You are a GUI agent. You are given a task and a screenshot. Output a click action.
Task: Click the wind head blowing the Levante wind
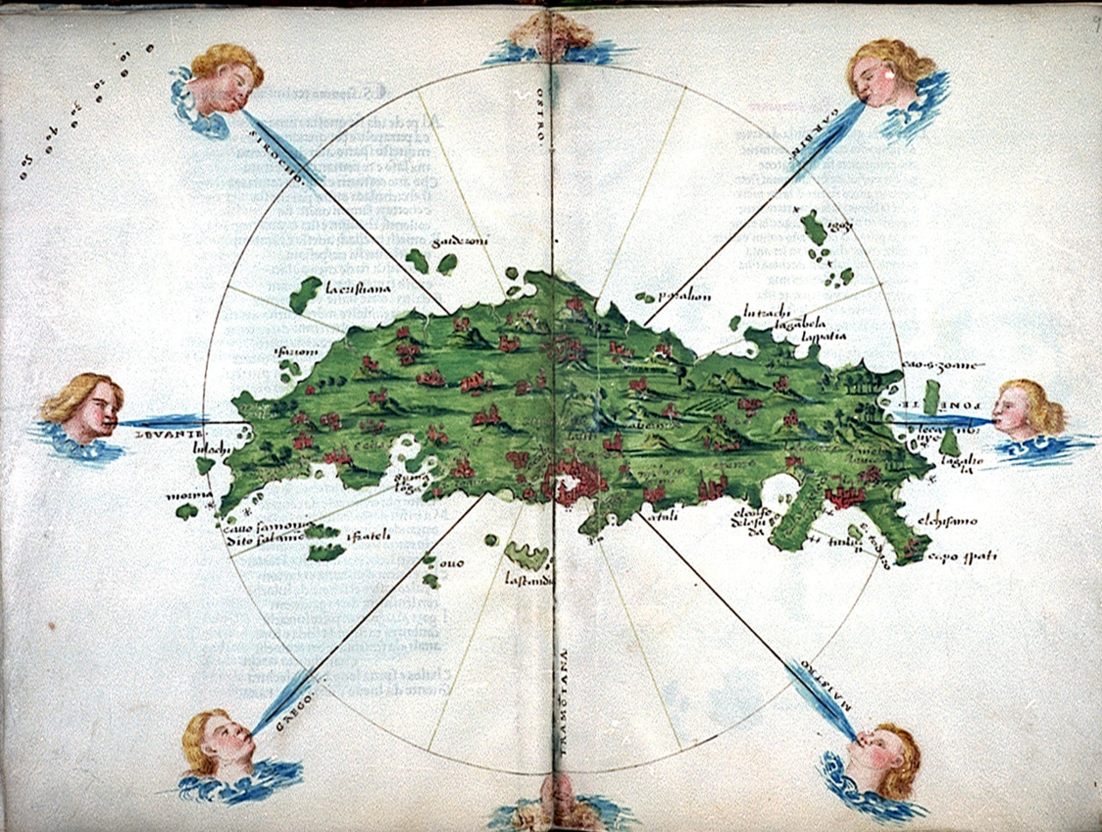84,409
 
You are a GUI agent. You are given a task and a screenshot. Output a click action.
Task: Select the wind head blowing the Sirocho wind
219,83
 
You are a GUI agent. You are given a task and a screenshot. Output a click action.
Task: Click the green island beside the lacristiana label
305,294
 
